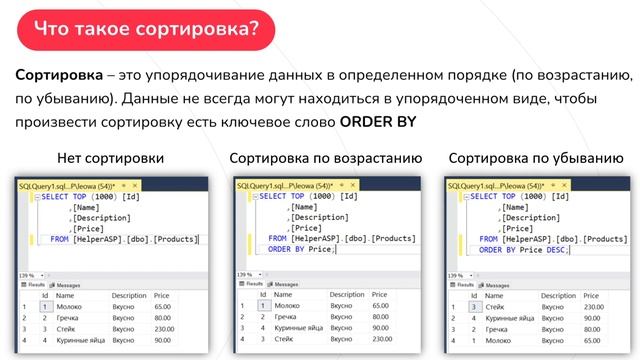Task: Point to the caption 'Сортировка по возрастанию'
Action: click(x=325, y=160)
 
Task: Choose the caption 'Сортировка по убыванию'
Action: click(x=536, y=160)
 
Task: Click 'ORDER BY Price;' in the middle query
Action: click(x=301, y=250)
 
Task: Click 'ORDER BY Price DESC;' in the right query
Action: click(x=521, y=250)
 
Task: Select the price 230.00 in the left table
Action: click(x=164, y=329)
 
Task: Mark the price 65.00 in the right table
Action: click(x=597, y=341)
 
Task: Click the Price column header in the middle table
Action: click(x=379, y=295)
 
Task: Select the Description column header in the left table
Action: click(x=130, y=296)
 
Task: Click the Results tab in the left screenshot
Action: click(x=28, y=285)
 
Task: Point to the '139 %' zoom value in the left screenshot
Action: click(x=27, y=274)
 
